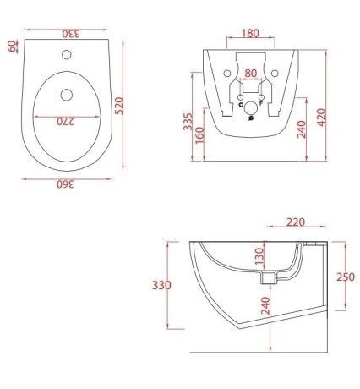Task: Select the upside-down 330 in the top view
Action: coord(67,33)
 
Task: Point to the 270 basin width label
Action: coord(68,121)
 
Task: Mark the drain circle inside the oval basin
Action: coord(68,93)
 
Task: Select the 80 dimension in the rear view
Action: coord(251,73)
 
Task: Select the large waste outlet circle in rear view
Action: coord(251,109)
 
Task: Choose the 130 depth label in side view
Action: coord(261,256)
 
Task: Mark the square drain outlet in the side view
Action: coord(270,277)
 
